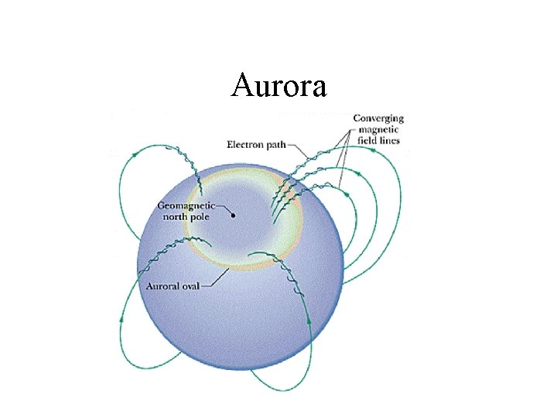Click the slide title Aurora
click(278, 85)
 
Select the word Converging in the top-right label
click(378, 118)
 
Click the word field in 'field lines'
click(367, 141)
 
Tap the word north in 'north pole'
click(176, 217)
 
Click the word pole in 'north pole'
click(200, 218)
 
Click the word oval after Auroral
click(190, 286)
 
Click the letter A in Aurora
click(241, 85)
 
